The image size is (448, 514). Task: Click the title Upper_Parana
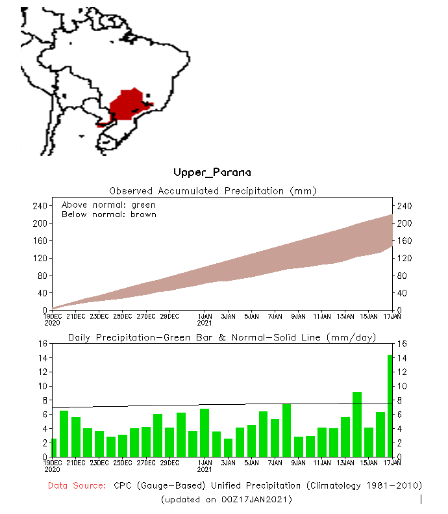212,172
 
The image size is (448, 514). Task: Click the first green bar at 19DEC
54,448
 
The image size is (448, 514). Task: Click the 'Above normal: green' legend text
108,205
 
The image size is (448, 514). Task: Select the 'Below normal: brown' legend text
108,214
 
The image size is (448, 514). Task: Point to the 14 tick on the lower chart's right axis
401,358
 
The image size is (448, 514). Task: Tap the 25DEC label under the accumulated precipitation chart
122,316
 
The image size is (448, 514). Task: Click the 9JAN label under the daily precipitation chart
298,463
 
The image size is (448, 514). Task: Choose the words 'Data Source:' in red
77,485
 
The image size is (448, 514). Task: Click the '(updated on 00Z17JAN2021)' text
226,499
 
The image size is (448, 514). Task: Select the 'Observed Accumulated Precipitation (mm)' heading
212,191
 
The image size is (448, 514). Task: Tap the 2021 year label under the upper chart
205,322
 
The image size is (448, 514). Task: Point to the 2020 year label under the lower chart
52,469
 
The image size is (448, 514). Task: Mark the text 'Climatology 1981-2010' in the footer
364,485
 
